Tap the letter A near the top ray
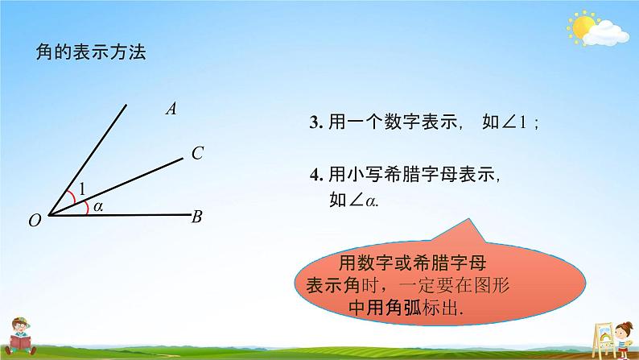tap(171, 109)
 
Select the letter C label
tap(196, 153)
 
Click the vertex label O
tap(34, 221)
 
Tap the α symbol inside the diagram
tap(97, 207)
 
